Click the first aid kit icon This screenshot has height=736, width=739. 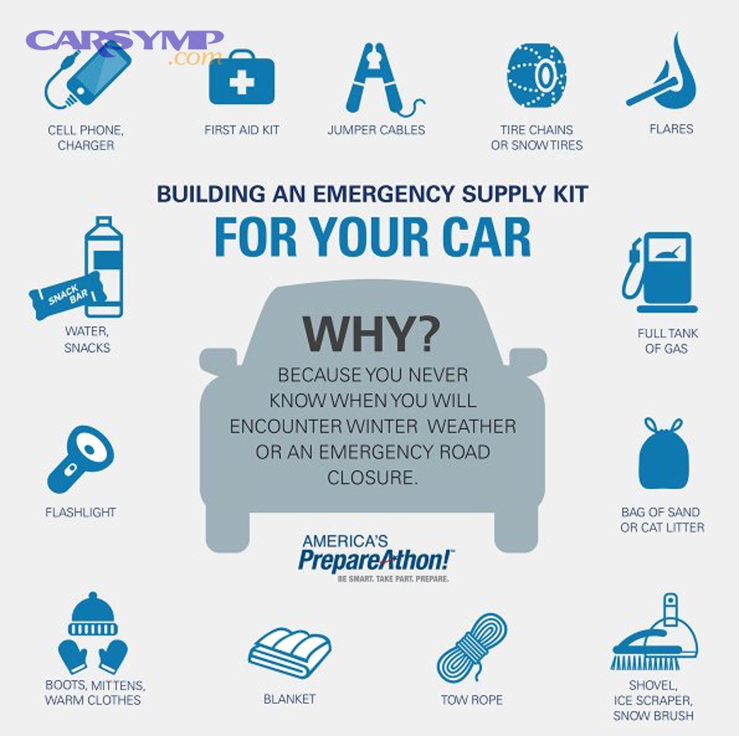click(241, 80)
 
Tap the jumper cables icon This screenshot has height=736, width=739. click(378, 80)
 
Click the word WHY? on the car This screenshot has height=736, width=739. click(371, 334)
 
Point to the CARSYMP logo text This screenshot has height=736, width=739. click(125, 41)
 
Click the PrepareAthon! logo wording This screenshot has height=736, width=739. click(375, 560)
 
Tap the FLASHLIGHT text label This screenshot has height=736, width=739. click(80, 513)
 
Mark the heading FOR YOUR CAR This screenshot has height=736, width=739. click(372, 236)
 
